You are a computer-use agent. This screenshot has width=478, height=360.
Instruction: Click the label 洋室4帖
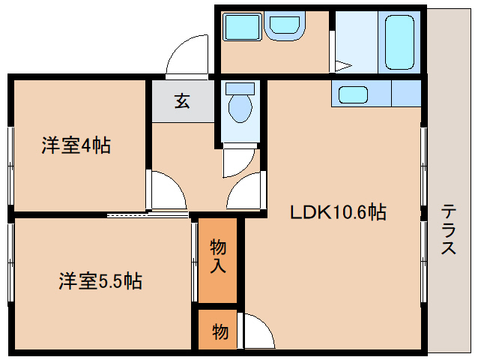pos(76,145)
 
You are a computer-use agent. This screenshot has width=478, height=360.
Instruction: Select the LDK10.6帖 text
pos(338,213)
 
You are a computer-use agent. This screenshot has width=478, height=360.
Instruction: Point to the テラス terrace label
pos(449,229)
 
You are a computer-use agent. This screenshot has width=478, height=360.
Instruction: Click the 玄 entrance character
pos(182,100)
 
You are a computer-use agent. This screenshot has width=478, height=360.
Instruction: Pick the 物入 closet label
pos(218,256)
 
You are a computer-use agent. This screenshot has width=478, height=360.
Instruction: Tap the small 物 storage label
pos(220,331)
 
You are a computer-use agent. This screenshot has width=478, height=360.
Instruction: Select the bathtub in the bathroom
pos(399,42)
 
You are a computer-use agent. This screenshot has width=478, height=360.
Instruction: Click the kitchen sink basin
pos(352,94)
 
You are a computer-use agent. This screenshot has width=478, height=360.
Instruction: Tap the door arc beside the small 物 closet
pos(254,330)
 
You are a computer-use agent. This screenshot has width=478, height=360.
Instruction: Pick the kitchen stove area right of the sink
pos(405,94)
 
